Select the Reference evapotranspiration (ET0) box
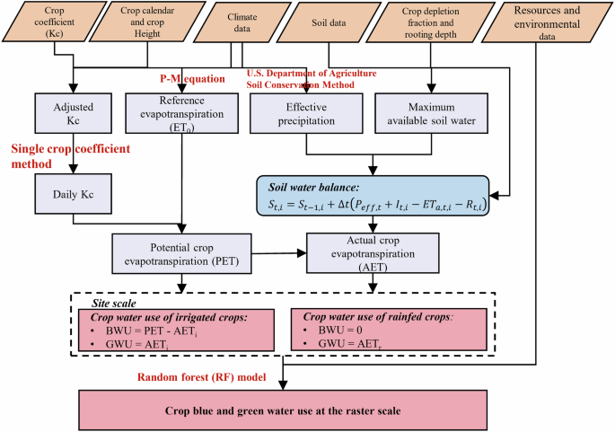tap(182, 113)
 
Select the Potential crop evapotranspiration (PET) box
tap(182, 252)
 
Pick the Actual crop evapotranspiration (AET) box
tap(372, 252)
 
